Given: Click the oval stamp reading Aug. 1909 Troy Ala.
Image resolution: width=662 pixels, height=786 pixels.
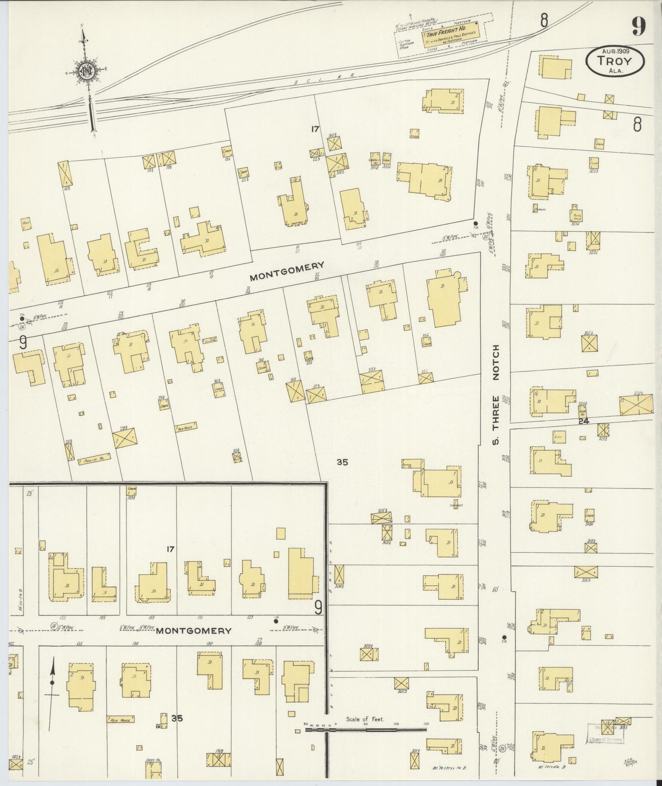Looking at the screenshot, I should pyautogui.click(x=615, y=61).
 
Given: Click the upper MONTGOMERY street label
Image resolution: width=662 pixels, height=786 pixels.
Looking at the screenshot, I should pyautogui.click(x=287, y=271).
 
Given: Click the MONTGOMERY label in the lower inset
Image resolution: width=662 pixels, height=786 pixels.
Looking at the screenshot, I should pyautogui.click(x=193, y=631).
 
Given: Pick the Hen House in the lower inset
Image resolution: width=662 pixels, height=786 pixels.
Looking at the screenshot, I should pyautogui.click(x=120, y=720).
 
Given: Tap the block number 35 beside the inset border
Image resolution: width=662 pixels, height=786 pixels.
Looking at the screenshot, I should pyautogui.click(x=342, y=462).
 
